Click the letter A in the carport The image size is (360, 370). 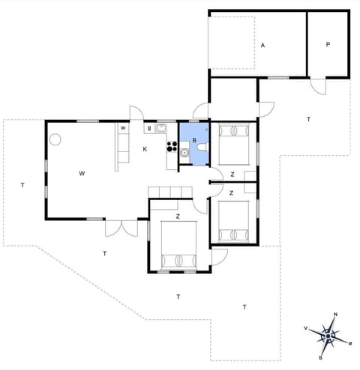pyautogui.click(x=263, y=46)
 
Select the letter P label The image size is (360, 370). pyautogui.click(x=328, y=45)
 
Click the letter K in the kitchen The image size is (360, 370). pyautogui.click(x=145, y=148)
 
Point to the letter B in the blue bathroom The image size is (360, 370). pyautogui.click(x=194, y=140)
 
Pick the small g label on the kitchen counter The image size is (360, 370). pyautogui.click(x=149, y=128)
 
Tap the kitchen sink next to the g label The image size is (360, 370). pyautogui.click(x=161, y=128)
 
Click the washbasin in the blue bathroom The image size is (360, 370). pyautogui.click(x=184, y=152)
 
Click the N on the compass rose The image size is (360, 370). pyautogui.click(x=335, y=315)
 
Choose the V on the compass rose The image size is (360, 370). pyautogui.click(x=305, y=328)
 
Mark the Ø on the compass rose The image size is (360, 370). pyautogui.click(x=350, y=343)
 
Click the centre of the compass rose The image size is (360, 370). pyautogui.click(x=328, y=336)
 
